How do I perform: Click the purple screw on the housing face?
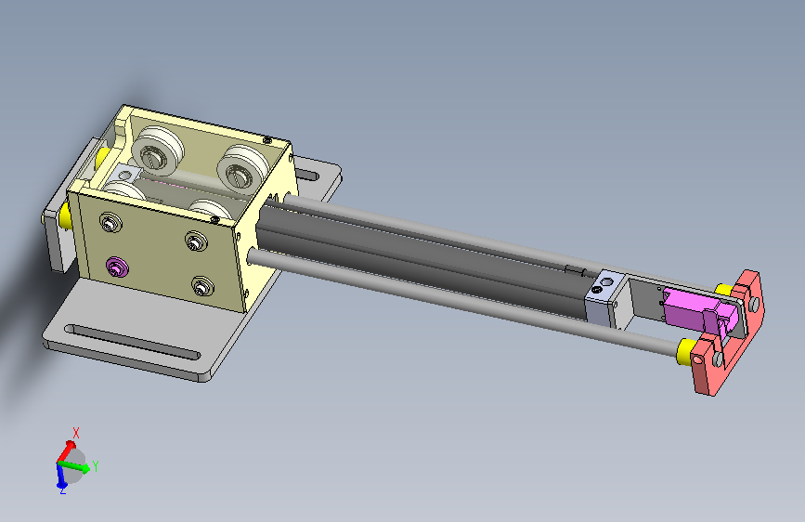coord(117,268)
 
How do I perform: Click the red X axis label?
coord(76,433)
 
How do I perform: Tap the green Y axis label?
coord(96,466)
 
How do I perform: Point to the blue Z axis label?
coord(62,491)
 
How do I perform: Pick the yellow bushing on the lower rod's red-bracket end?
coord(687,351)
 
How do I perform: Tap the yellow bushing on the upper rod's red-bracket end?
coord(724,290)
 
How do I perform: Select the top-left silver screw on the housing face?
coord(110,223)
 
